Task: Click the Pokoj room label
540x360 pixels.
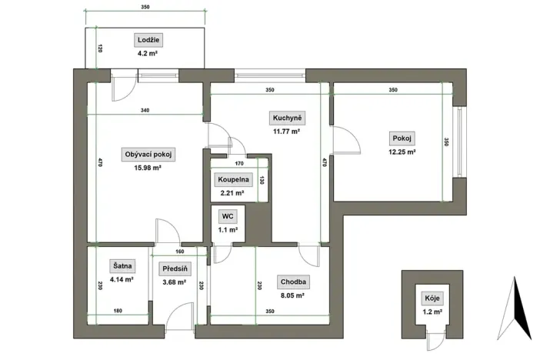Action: pyautogui.click(x=402, y=138)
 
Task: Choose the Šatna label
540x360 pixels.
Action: pyautogui.click(x=122, y=266)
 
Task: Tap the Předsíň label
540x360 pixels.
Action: pyautogui.click(x=174, y=269)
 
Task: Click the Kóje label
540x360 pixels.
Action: pyautogui.click(x=433, y=298)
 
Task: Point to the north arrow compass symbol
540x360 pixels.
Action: pyautogui.click(x=521, y=308)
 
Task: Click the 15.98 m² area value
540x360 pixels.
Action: pyautogui.click(x=147, y=168)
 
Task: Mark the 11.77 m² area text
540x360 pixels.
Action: pyautogui.click(x=285, y=132)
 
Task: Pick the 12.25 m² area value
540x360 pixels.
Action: pyautogui.click(x=402, y=152)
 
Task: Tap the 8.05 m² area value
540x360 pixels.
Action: pyautogui.click(x=292, y=295)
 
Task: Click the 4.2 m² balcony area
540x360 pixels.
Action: pyautogui.click(x=147, y=55)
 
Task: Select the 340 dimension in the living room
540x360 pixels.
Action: pyautogui.click(x=145, y=111)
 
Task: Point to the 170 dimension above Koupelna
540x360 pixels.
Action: pyautogui.click(x=239, y=163)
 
